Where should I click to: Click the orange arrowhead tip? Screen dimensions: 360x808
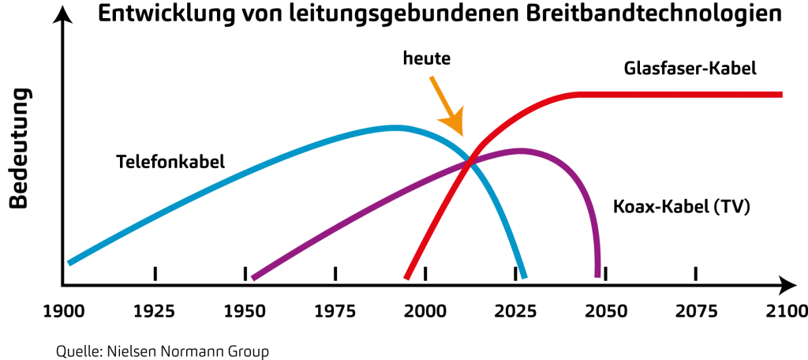462,136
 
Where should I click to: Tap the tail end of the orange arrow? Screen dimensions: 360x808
431,77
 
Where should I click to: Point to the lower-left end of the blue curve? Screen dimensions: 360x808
69,263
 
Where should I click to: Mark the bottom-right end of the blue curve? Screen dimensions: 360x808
525,278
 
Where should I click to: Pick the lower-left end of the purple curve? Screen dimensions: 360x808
252,278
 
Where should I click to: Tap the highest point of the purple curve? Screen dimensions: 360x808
521,150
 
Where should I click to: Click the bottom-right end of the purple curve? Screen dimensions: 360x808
597,277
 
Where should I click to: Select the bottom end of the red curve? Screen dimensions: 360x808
406,279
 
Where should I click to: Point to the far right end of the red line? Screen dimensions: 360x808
782,94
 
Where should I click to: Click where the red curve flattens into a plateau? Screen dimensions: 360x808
580,94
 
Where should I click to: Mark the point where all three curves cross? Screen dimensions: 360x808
470,161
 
